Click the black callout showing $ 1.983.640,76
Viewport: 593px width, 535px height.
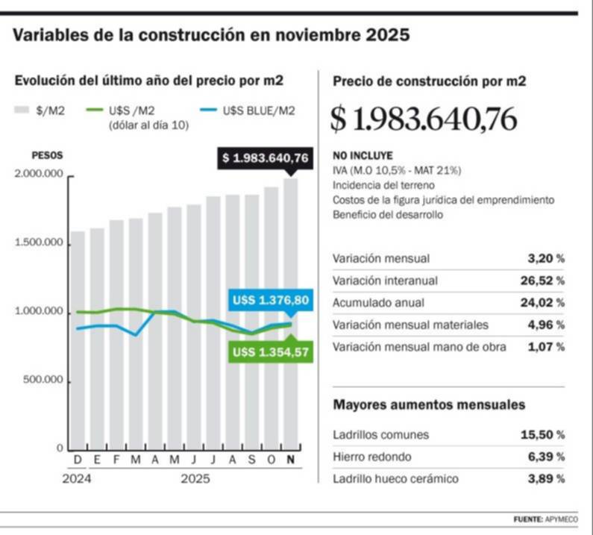coord(265,157)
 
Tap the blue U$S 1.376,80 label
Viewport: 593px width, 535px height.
coord(270,301)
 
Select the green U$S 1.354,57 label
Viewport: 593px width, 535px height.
coord(270,351)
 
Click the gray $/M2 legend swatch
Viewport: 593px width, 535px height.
coord(22,111)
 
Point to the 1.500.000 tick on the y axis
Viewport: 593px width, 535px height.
coord(39,243)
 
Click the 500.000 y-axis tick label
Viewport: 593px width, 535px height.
coord(42,381)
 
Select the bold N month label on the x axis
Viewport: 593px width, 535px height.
coord(290,460)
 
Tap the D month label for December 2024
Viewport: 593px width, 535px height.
coord(78,460)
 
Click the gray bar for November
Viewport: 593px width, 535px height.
coord(290,313)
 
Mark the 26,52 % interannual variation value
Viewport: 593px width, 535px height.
coord(542,281)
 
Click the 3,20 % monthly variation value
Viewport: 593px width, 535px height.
coord(545,259)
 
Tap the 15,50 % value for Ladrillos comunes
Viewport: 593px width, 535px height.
coord(542,434)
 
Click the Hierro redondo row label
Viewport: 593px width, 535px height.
coord(371,456)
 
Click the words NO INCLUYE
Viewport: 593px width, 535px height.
coord(362,157)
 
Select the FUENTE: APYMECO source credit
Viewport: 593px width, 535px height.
coord(545,519)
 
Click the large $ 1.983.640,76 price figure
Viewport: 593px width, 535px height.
coord(424,119)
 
